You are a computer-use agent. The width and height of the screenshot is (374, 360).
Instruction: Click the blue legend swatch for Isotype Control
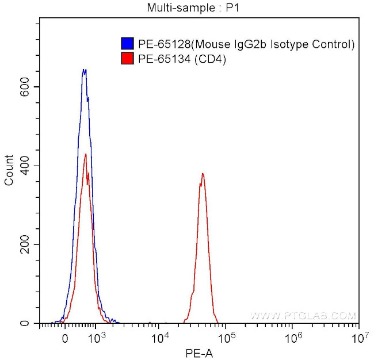coord(127,44)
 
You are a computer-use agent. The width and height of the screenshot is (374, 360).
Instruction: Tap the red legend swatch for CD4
coord(127,58)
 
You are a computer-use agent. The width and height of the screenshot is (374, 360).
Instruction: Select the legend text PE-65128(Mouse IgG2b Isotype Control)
coord(246,44)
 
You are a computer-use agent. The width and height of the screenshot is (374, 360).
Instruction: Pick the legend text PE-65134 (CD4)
coord(182,58)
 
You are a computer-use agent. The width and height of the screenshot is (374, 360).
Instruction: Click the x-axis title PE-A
coord(199,351)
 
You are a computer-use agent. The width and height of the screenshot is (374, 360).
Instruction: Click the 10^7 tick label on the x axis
coord(358,337)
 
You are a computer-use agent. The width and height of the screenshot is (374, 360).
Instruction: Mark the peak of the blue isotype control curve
coord(84,70)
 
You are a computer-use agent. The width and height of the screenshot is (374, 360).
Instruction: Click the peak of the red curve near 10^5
coord(203,173)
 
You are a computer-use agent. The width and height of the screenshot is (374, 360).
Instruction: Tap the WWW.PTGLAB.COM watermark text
coord(303,316)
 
